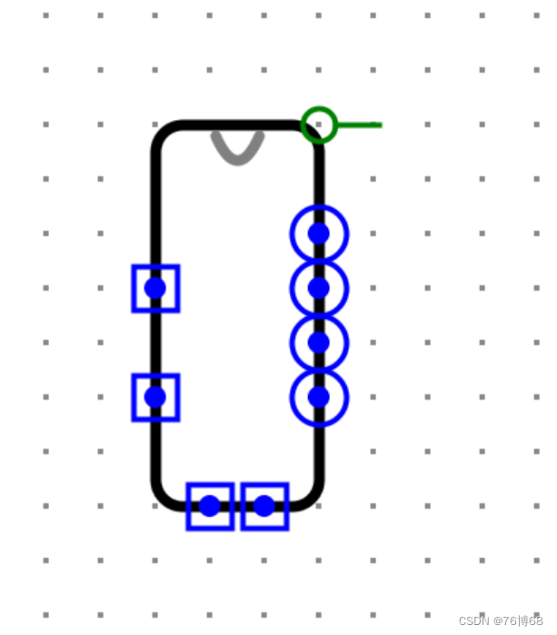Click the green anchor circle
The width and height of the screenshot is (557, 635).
pyautogui.click(x=319, y=124)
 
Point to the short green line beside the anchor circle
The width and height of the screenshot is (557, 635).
pyautogui.click(x=361, y=124)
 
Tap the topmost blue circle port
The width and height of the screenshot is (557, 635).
pyautogui.click(x=319, y=233)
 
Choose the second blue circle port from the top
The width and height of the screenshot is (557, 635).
pyautogui.click(x=319, y=288)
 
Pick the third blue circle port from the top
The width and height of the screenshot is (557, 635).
pyautogui.click(x=319, y=342)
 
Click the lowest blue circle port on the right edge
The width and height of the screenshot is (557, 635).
pyautogui.click(x=319, y=397)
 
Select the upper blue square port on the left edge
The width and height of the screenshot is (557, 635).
pyautogui.click(x=155, y=288)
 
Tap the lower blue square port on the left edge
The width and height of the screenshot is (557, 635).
pyautogui.click(x=155, y=397)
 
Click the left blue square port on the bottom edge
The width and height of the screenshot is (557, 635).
pyautogui.click(x=210, y=506)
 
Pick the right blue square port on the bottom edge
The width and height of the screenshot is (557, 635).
pyautogui.click(x=264, y=506)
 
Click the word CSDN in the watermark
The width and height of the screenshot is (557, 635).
pyautogui.click(x=473, y=621)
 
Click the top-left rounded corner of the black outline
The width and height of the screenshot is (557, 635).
pyautogui.click(x=164, y=133)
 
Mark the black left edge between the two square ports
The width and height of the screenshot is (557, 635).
pyautogui.click(x=155, y=342)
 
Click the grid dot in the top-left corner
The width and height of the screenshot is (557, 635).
pyautogui.click(x=46, y=15)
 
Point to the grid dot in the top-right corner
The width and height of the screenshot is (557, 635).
pyautogui.click(x=537, y=15)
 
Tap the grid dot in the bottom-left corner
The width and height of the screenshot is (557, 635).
pyautogui.click(x=46, y=615)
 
